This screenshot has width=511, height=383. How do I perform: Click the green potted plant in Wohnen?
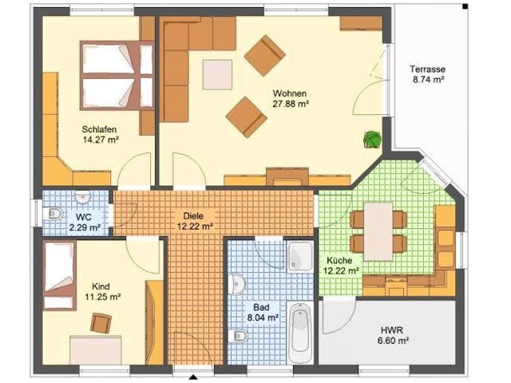(373, 139)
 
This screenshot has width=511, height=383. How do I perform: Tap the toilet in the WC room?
(53, 214)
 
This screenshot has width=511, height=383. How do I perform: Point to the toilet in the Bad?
(238, 336)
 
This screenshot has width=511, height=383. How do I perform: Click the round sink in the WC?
(83, 196)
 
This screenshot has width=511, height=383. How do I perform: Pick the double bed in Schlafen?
(117, 76)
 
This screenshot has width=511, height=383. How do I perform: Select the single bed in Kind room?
(59, 275)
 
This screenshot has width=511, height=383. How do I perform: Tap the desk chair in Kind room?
(101, 322)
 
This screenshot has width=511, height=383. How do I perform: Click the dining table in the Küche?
(378, 231)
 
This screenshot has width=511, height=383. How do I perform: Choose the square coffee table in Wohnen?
(217, 74)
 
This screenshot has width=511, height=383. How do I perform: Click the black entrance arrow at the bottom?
(193, 377)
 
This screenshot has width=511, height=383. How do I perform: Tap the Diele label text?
(193, 215)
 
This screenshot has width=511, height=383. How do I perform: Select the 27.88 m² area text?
(290, 104)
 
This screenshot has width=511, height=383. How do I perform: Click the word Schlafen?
(99, 129)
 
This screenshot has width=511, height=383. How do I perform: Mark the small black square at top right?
(465, 6)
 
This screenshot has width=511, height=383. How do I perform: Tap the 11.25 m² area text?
(103, 297)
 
